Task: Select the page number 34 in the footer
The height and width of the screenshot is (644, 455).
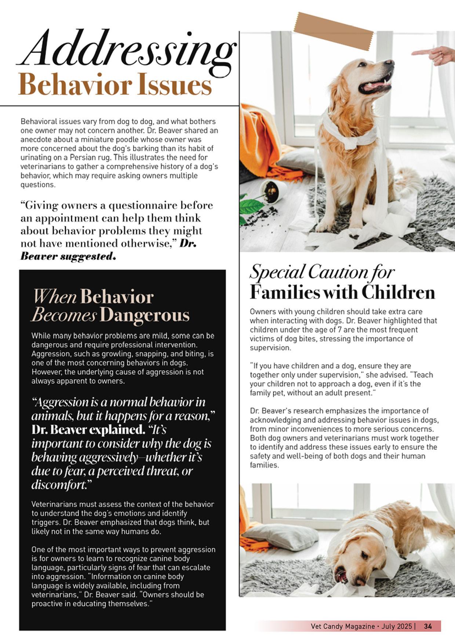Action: pyautogui.click(x=428, y=626)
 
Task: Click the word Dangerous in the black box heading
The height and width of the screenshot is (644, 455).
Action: pyautogui.click(x=145, y=315)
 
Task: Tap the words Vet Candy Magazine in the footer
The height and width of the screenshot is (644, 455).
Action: pyautogui.click(x=343, y=626)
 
